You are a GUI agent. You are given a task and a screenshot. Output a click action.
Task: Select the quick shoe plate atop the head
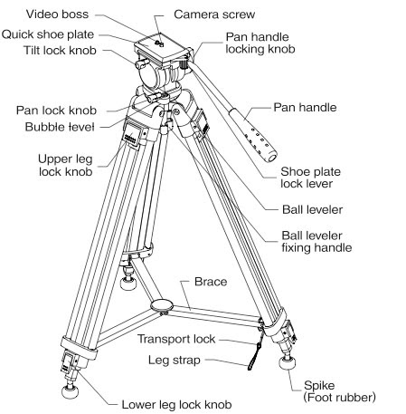click(x=161, y=48)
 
